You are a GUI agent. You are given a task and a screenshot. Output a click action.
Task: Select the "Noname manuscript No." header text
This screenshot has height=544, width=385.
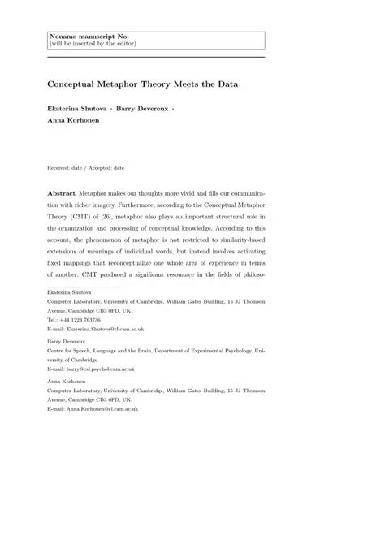84,36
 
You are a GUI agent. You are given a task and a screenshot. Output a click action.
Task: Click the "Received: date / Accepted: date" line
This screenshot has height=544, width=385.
86,168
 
